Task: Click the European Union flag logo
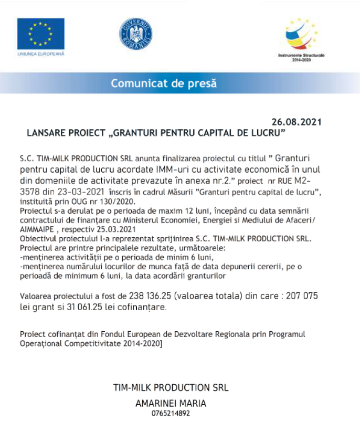(40, 34)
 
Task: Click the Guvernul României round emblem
(135, 34)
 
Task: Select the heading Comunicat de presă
(163, 83)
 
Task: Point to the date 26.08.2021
(297, 122)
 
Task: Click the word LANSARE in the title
(45, 133)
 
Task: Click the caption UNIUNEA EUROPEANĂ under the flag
(40, 54)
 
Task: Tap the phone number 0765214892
(171, 414)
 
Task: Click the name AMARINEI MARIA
(171, 403)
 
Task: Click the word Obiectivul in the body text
(38, 238)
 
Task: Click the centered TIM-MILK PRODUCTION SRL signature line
(171, 388)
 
